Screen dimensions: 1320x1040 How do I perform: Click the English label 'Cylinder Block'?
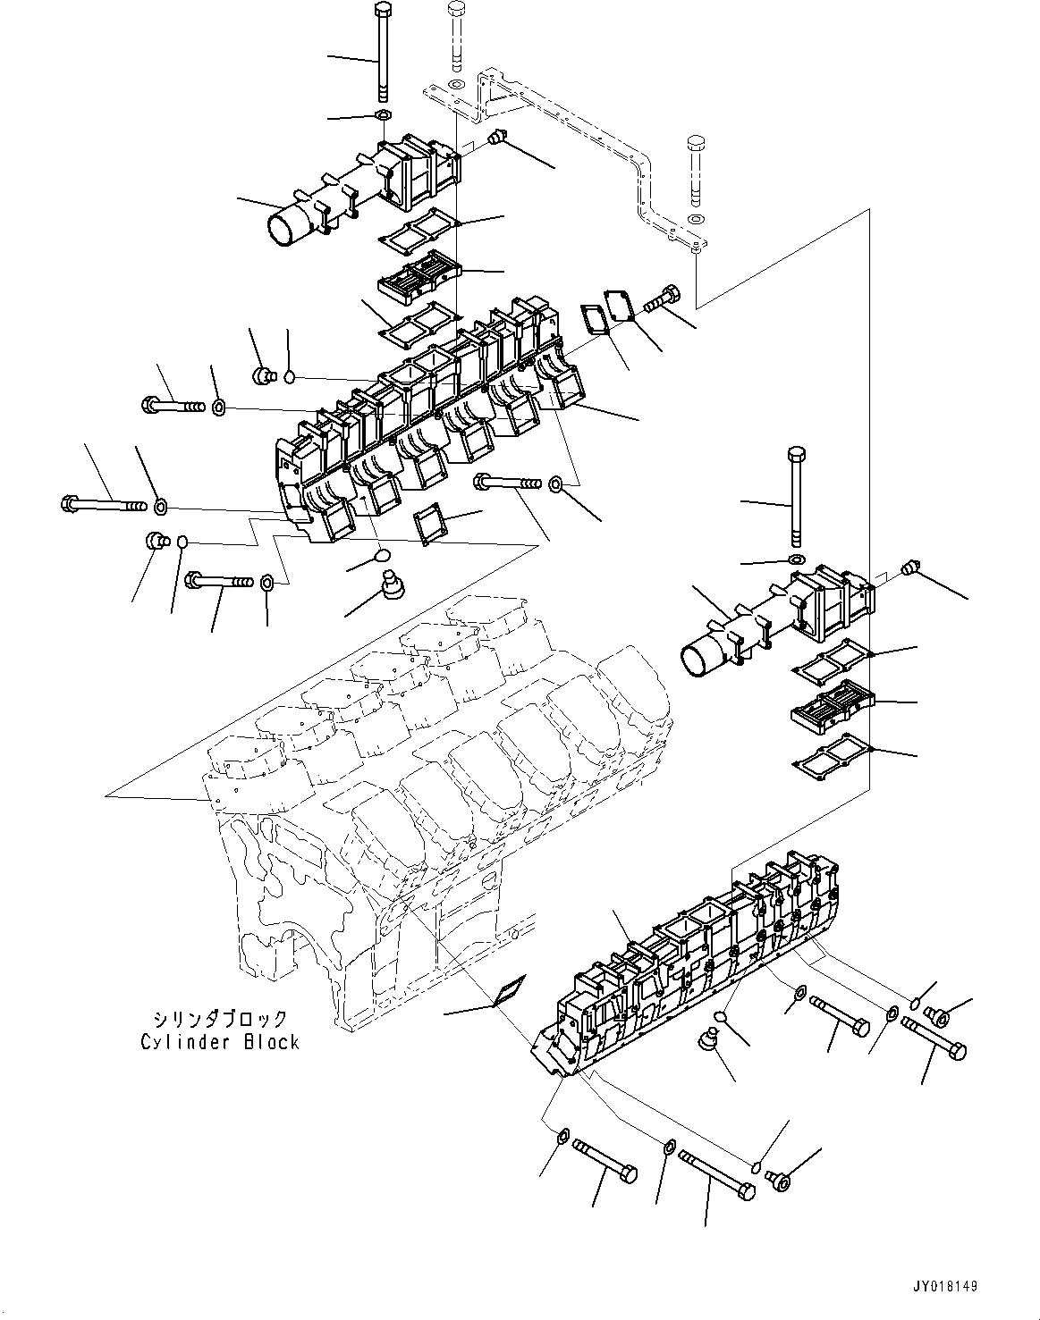219,1041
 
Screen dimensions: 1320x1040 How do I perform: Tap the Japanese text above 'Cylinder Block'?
220,1019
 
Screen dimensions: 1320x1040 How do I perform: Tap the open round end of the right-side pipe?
700,660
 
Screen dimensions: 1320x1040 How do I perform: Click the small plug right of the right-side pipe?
909,566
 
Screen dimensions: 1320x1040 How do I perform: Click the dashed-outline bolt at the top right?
696,170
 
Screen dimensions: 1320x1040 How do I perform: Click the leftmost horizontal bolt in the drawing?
104,505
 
